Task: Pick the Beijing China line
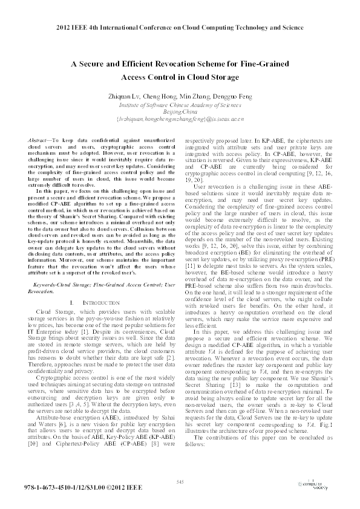point(180,112)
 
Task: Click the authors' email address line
point(180,119)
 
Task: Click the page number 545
point(180,481)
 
